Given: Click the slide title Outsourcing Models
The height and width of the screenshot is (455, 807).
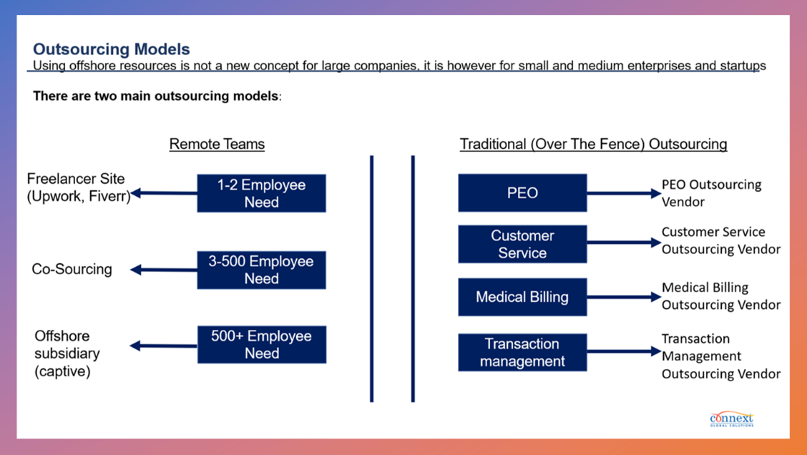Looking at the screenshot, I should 111,49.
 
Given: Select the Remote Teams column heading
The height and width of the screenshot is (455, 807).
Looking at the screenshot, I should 217,144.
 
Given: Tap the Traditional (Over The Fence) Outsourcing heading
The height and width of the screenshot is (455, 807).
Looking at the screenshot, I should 593,144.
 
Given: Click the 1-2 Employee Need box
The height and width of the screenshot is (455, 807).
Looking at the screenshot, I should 262,193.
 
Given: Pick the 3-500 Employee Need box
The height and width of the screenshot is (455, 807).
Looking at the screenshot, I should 262,270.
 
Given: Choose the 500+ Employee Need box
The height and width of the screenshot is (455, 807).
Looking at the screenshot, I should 262,344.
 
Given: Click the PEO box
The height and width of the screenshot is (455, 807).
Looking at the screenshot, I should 522,193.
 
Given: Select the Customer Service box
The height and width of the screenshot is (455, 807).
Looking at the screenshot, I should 522,244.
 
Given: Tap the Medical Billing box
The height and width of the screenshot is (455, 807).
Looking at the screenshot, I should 522,297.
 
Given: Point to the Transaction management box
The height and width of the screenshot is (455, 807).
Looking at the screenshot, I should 522,352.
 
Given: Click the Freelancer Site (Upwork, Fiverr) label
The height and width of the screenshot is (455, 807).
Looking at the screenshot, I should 78,187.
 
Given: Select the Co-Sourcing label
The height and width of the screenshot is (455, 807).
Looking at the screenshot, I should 72,269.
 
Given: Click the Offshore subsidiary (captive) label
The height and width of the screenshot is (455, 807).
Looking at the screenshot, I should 67,354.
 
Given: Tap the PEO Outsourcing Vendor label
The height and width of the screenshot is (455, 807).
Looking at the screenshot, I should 711,193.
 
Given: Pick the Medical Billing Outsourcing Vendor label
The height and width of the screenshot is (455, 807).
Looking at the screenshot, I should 720,296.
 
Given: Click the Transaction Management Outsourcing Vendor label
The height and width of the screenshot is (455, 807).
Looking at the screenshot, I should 720,356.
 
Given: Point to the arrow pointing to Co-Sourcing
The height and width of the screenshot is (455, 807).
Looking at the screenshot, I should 164,270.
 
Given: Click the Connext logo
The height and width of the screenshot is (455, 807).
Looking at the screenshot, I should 731,419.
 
